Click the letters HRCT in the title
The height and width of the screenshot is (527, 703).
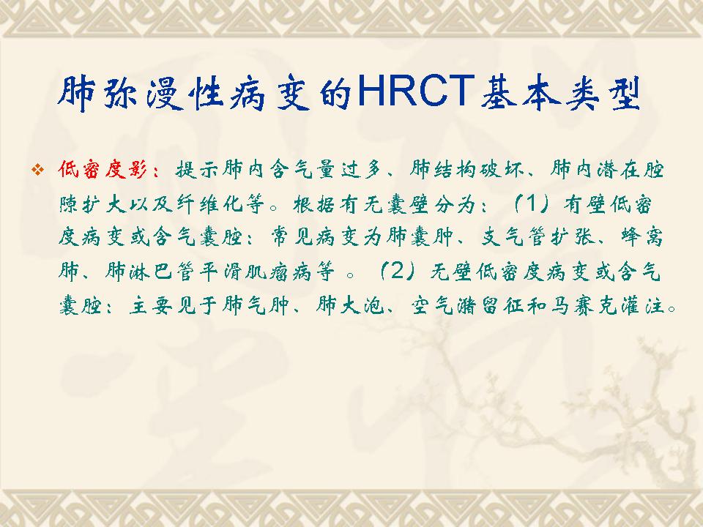pos(417,92)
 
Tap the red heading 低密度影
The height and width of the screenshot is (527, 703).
pos(103,171)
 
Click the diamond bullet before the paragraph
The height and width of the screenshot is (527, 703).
pos(39,170)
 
